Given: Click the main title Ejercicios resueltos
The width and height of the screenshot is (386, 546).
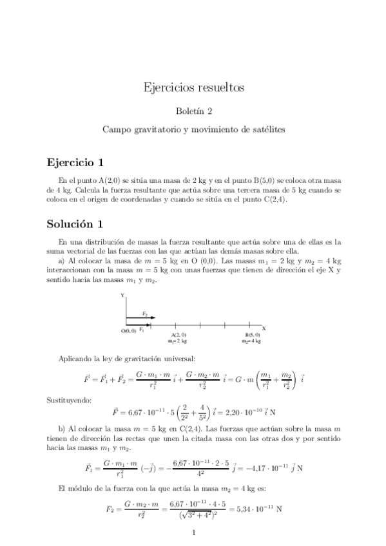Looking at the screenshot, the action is (193, 87).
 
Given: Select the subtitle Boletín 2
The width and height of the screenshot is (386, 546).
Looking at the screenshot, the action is (193, 111).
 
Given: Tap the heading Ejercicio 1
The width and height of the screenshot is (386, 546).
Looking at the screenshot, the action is (75, 162).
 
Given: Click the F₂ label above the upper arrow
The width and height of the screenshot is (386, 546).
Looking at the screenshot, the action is (146, 314).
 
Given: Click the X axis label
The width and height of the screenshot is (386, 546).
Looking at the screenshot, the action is (264, 328).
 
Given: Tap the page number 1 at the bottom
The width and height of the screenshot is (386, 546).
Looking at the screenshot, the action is (193, 532).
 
